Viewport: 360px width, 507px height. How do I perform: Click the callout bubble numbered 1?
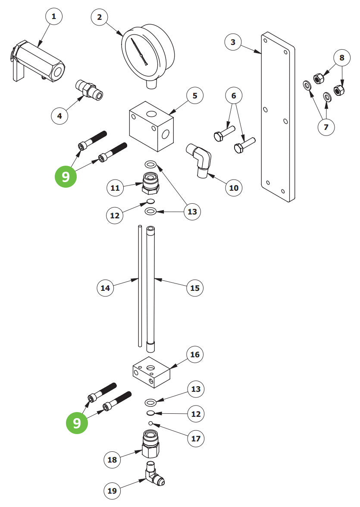[53, 17]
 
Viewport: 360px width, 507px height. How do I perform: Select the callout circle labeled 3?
[233, 42]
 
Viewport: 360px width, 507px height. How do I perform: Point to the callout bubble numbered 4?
[60, 116]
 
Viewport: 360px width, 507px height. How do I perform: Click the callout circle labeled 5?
[195, 96]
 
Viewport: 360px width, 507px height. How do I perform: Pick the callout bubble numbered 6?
[234, 96]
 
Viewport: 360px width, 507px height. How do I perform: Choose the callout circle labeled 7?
[326, 127]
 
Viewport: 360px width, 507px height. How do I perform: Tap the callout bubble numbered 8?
[342, 57]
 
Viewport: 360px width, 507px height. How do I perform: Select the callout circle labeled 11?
[115, 188]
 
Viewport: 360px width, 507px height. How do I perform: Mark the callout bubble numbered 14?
[105, 288]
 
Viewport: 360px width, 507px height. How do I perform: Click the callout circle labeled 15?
[195, 288]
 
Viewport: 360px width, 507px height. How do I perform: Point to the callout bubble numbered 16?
[195, 355]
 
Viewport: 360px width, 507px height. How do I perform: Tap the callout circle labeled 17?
[196, 439]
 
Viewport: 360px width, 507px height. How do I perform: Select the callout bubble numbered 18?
[112, 460]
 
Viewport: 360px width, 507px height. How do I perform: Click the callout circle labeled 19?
[112, 491]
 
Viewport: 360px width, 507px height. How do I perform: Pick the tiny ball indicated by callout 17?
[150, 423]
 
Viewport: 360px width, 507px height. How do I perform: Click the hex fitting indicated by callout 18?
[150, 444]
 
